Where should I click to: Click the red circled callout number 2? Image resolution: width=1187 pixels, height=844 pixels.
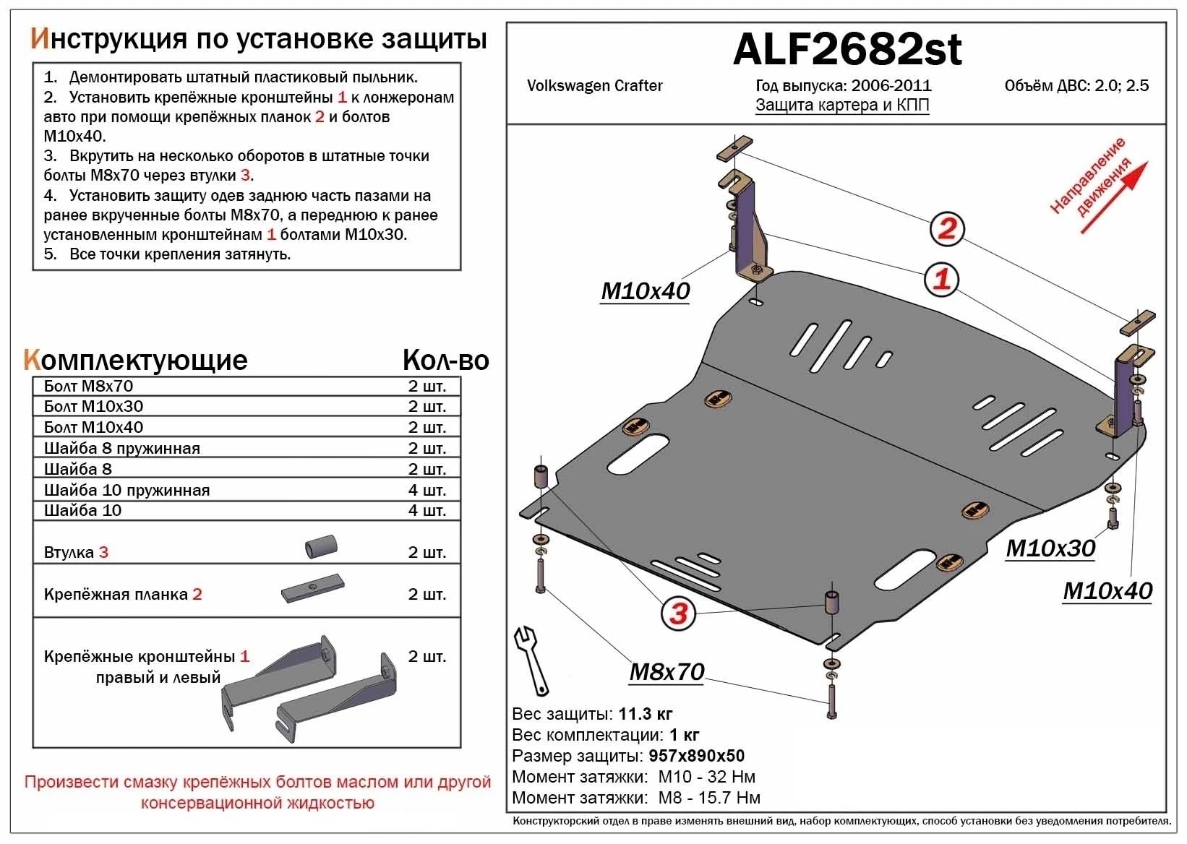[x=946, y=229]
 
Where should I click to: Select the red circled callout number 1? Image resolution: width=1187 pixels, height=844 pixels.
[x=941, y=279]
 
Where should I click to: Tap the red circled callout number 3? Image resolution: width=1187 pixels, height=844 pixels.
[x=677, y=613]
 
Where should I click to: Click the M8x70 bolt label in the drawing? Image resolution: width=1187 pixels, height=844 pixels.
[x=667, y=672]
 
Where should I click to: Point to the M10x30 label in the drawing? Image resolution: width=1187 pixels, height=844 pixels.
[x=1050, y=548]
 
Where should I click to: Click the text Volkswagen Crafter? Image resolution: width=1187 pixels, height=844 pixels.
[x=594, y=86]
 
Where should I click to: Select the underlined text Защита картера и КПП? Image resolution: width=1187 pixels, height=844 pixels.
[x=842, y=105]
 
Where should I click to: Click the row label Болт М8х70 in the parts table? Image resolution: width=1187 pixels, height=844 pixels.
[x=88, y=386]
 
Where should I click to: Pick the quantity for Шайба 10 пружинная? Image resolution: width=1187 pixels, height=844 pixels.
[x=427, y=490]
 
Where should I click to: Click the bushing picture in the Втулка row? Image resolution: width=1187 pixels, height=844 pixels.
[x=322, y=546]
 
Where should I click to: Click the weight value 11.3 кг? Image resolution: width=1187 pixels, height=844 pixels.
[x=646, y=714]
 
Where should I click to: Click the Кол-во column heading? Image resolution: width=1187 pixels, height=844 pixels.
[x=445, y=360]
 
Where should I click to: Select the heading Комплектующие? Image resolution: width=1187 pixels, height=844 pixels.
[x=135, y=360]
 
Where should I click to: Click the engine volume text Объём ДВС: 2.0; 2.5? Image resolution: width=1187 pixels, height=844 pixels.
[x=1076, y=86]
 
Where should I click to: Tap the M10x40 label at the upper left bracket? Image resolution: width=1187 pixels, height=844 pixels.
[x=645, y=291]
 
